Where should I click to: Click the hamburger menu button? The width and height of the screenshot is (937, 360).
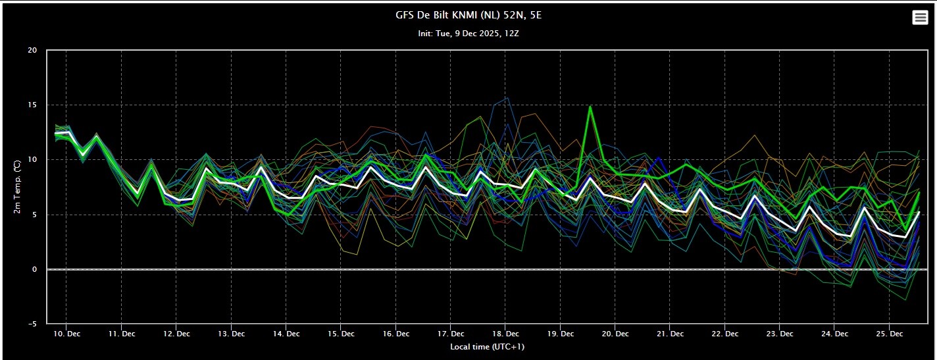(920, 18)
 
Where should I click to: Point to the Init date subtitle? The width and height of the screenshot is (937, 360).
(468, 34)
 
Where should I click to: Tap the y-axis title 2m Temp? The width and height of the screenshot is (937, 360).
(17, 187)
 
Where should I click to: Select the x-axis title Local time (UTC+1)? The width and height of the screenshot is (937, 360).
(488, 347)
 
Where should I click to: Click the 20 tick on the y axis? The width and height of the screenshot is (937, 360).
(32, 50)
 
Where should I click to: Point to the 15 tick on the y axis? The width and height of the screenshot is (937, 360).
(32, 105)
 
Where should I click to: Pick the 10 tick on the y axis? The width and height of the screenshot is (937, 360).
(32, 159)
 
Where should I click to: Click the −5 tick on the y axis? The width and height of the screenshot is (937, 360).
(32, 324)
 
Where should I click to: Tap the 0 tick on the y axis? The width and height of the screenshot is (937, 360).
(35, 269)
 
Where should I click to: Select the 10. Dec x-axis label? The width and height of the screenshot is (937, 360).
(67, 334)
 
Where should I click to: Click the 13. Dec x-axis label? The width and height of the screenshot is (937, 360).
(232, 334)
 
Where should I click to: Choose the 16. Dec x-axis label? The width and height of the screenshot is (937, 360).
(395, 334)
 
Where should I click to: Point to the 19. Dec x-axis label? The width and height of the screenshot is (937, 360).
(561, 334)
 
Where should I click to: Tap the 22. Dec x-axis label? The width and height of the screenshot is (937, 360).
(725, 334)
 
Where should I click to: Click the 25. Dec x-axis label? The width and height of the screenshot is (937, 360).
(890, 334)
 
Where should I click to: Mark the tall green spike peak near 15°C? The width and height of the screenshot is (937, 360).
(590, 107)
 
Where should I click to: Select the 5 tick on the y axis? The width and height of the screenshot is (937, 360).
(35, 215)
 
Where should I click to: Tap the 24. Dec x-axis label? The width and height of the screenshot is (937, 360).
(834, 334)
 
